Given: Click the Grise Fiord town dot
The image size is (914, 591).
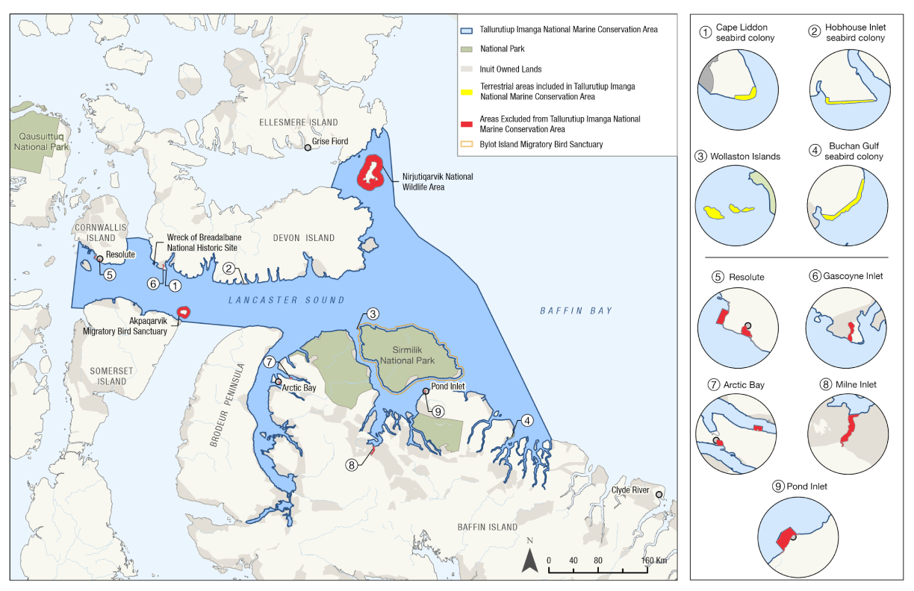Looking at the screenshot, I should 308,148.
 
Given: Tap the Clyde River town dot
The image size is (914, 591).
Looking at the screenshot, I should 659,495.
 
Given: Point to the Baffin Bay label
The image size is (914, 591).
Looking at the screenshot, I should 575,310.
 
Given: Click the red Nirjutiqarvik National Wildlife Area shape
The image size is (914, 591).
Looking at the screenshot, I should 370,174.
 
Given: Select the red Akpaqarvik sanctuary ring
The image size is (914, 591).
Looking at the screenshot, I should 182,313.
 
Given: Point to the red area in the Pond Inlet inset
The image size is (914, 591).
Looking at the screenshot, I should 783,538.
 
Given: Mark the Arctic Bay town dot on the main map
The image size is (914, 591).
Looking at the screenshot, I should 279,381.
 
